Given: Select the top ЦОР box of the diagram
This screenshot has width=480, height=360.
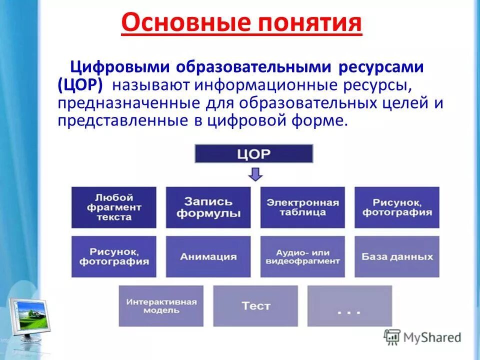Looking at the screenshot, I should point(253,153).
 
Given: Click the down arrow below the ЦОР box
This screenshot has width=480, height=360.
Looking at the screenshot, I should point(255,174).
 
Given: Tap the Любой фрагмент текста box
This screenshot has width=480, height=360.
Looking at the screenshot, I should point(114,207).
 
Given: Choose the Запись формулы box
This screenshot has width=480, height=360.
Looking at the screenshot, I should point(208,207).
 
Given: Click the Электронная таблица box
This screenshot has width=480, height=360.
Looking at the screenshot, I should point(302,207).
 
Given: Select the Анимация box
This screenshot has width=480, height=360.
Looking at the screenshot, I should point(208,256).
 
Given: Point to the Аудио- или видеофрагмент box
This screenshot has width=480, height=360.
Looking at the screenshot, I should point(302,256).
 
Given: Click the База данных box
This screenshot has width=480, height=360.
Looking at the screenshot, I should point(397,256).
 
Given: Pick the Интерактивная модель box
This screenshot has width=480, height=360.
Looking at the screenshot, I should point(161,305).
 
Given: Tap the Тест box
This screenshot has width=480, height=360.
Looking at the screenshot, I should point(255,305).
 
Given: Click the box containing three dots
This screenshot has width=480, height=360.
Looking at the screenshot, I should point(349,305).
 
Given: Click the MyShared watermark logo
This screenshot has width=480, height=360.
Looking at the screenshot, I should point(422,337).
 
